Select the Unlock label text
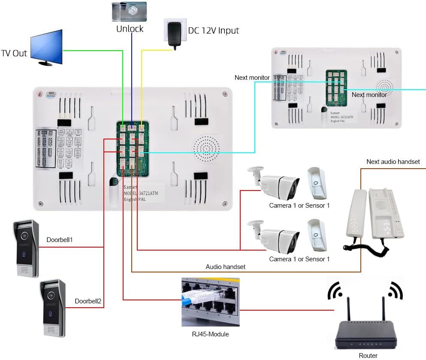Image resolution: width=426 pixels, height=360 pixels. pyautogui.click(x=130, y=29)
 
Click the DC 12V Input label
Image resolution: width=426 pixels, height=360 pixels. pyautogui.click(x=213, y=30)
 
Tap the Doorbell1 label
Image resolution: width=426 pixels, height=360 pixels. pyautogui.click(x=60, y=239)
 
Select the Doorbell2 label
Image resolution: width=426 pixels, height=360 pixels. pyautogui.click(x=88, y=301)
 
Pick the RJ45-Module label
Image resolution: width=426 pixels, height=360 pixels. pyautogui.click(x=210, y=334)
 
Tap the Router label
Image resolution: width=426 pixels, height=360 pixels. pyautogui.click(x=368, y=355)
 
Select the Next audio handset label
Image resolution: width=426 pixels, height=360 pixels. pyautogui.click(x=393, y=162)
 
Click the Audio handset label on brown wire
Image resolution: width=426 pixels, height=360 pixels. pyautogui.click(x=226, y=266)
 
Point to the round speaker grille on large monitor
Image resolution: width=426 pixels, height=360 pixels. pyautogui.click(x=206, y=148)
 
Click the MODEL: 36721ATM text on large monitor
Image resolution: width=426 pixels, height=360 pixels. pyautogui.click(x=141, y=194)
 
